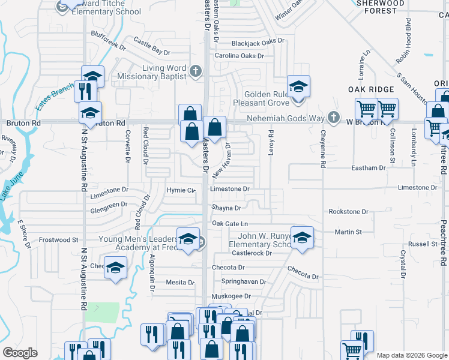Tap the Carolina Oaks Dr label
[240, 56]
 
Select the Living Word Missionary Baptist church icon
[194, 72]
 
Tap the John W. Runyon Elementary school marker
[301, 236]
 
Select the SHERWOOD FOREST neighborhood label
[381, 7]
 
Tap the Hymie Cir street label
[181, 191]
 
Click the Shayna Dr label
[226, 208]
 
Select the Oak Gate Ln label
[229, 223]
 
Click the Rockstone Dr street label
[348, 212]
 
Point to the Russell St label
[423, 244]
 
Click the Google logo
[20, 353]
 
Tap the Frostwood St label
[59, 239]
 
